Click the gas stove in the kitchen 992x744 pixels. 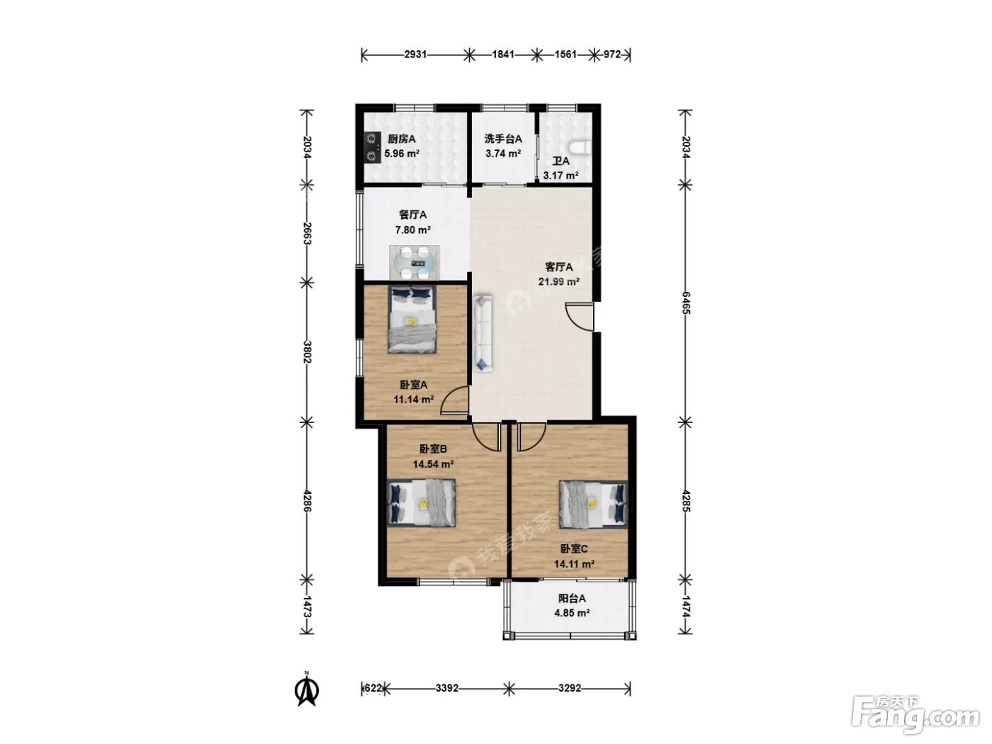point(373,147)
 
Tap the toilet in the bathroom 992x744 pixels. point(581,147)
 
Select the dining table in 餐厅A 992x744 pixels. point(415,262)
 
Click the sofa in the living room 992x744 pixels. point(483,333)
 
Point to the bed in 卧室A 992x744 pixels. point(412,319)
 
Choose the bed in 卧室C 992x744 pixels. point(593,504)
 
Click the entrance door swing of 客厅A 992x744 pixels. point(580,317)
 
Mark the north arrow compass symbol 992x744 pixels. point(307,689)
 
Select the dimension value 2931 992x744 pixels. point(415,55)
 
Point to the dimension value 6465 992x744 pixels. point(686,303)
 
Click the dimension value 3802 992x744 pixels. point(307,352)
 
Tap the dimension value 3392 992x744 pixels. point(447,688)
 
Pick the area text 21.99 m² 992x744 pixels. point(559,281)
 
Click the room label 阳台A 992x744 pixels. point(572,599)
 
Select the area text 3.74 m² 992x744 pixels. point(503,154)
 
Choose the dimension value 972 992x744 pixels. point(612,55)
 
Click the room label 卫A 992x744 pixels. point(561,162)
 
